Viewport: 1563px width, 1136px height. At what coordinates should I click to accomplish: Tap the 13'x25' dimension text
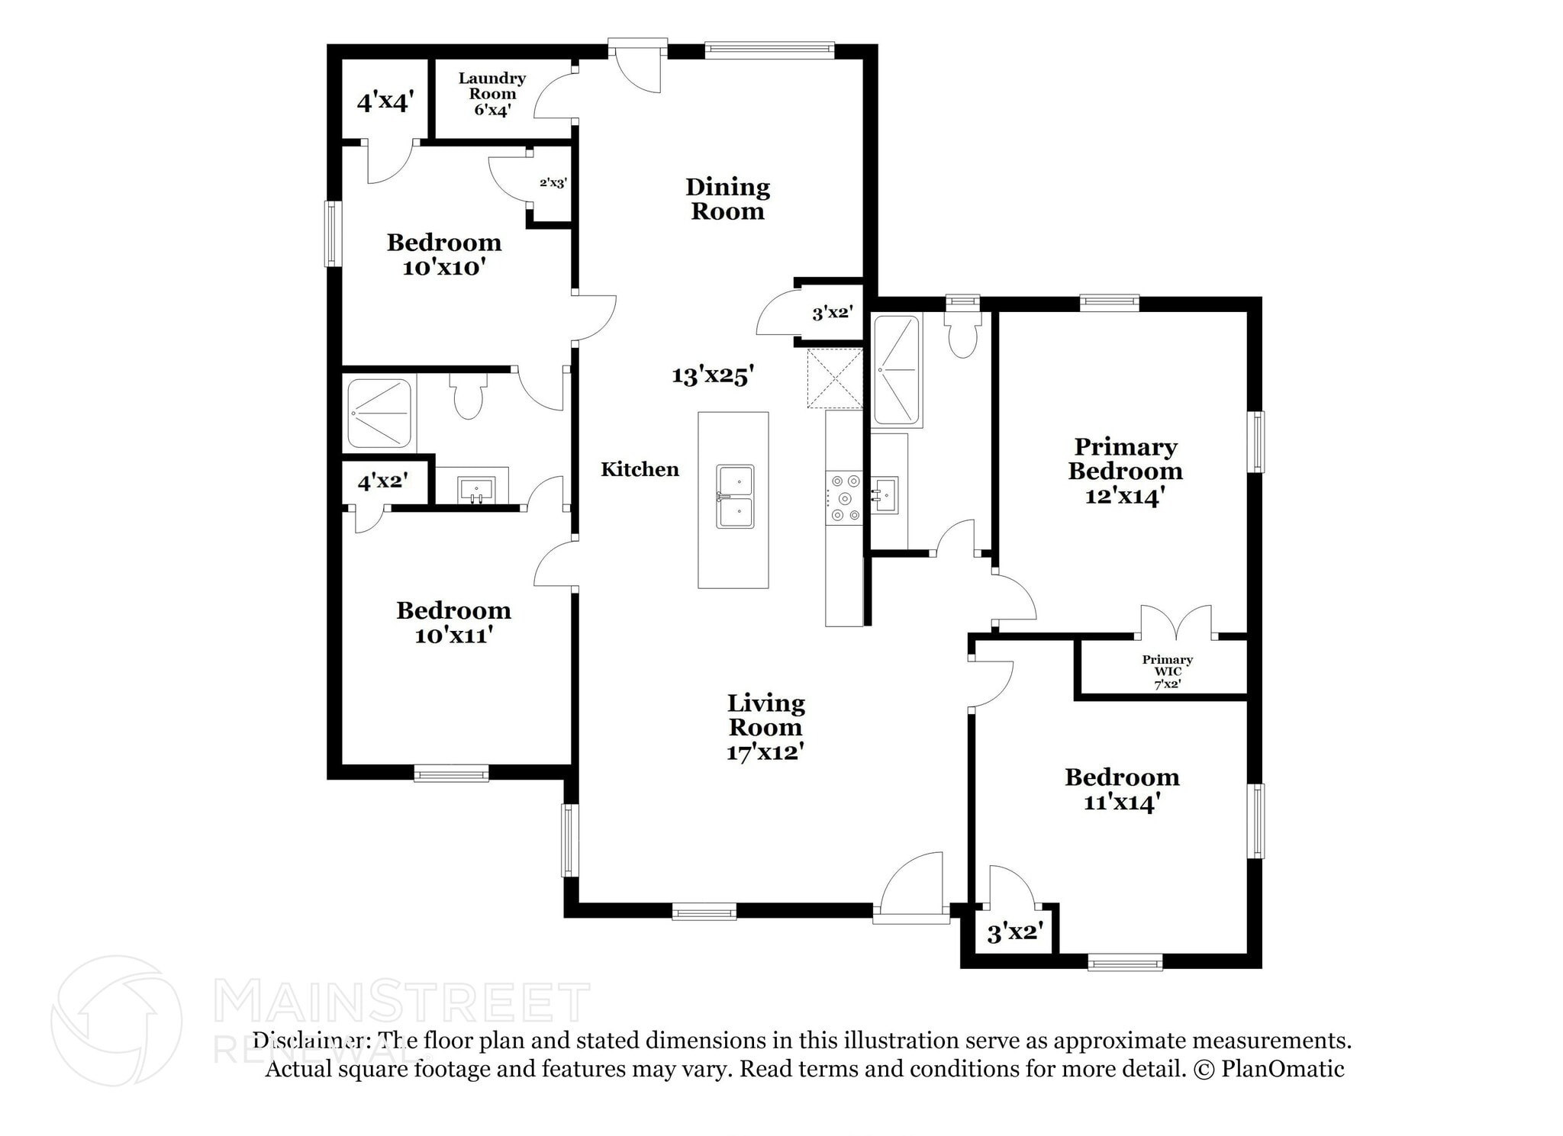[x=713, y=375]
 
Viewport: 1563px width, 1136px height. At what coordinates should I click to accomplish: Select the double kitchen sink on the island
[x=735, y=497]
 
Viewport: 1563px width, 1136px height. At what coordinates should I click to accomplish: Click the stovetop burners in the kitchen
[x=845, y=498]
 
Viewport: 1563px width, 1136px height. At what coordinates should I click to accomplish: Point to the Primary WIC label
[x=1167, y=665]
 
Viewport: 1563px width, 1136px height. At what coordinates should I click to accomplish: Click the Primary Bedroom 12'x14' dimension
[x=1125, y=496]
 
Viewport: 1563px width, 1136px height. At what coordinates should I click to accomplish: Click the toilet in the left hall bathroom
[x=468, y=396]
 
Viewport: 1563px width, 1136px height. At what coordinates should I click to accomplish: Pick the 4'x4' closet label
[x=385, y=101]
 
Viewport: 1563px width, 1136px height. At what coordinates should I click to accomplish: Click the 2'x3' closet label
[x=553, y=182]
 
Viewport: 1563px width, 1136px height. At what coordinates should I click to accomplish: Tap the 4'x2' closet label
[x=382, y=481]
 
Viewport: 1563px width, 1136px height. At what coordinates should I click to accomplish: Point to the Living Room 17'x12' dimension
[x=765, y=752]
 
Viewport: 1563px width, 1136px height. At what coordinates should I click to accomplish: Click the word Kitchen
[x=640, y=469]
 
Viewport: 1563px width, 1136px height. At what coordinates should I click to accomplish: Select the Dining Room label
[x=727, y=198]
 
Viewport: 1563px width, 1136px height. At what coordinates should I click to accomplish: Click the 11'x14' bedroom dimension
[x=1122, y=802]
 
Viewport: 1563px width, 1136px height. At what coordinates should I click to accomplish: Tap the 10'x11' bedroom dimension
[x=453, y=635]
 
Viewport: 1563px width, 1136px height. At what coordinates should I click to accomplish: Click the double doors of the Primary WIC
[x=1176, y=622]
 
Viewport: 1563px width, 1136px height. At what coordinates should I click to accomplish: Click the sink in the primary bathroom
[x=885, y=494]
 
